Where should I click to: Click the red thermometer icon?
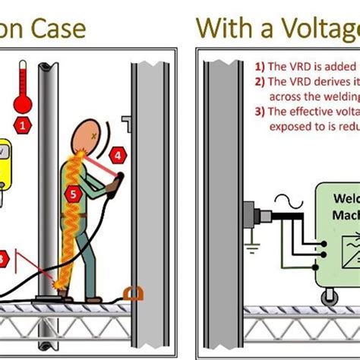tap(24, 87)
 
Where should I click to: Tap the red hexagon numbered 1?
tap(25, 124)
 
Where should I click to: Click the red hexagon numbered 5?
tap(73, 194)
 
